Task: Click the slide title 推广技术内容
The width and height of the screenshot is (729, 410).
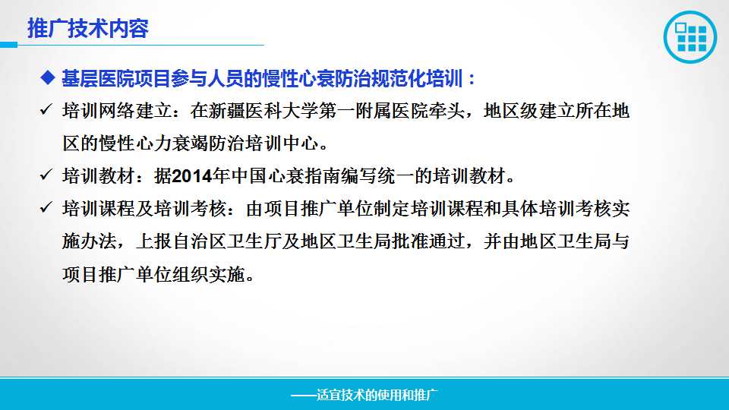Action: coord(88,28)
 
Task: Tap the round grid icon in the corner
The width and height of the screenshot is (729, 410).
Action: coord(690,36)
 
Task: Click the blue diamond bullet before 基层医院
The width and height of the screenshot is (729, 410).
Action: coord(47,77)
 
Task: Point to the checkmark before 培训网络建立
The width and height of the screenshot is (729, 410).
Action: coord(46,109)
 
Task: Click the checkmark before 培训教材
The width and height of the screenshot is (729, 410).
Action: coord(46,175)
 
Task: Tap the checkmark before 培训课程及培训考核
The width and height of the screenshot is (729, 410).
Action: coord(46,207)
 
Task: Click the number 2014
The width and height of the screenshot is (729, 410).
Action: coord(192,176)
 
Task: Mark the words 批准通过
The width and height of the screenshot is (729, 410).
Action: coord(428,241)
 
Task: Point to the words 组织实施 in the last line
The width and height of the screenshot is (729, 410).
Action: coord(209,274)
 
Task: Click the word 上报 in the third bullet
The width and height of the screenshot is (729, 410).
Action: coord(154,241)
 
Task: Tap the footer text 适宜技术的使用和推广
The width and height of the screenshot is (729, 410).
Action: coord(377,395)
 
